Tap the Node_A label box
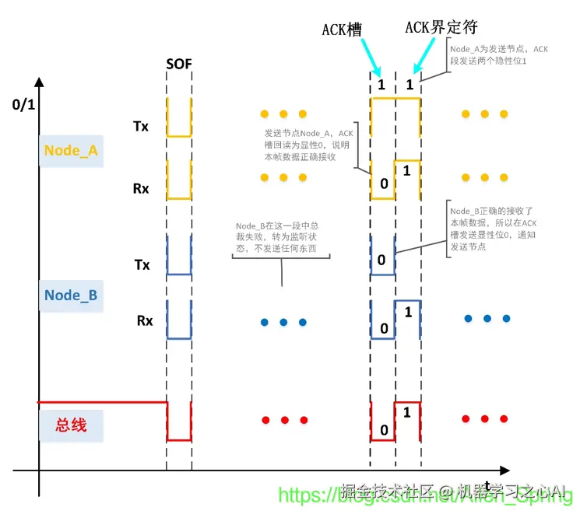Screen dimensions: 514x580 [70, 150]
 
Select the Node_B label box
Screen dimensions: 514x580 [70, 295]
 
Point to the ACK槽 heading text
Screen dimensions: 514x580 [343, 30]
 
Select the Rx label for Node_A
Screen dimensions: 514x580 [141, 187]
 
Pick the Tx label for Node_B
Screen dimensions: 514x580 [142, 264]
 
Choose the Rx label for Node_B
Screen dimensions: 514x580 [144, 319]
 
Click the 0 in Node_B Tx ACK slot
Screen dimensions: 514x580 [381, 259]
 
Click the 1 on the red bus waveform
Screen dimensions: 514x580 [407, 412]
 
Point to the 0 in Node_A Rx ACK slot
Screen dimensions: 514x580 [381, 184]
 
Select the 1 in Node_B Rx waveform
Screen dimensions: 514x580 [407, 311]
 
